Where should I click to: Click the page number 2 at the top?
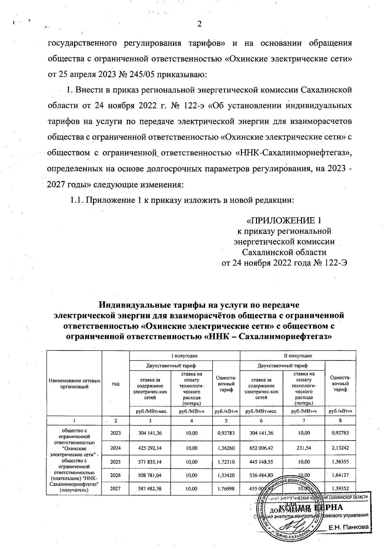click(x=199, y=25)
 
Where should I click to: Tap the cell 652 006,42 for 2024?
click(x=261, y=448)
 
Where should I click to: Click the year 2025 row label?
click(x=115, y=462)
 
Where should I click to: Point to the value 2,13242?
click(x=340, y=448)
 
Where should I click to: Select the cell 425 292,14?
click(x=150, y=448)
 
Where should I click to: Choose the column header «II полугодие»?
click(x=298, y=356)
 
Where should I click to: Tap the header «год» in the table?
click(x=115, y=384)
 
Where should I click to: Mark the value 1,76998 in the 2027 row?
click(x=226, y=489)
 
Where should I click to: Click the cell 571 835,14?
click(x=150, y=462)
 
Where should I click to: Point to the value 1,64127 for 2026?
click(x=340, y=476)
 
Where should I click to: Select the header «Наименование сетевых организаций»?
click(x=74, y=384)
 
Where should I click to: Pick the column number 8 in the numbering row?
click(x=340, y=420)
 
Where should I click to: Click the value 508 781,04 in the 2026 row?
click(x=150, y=476)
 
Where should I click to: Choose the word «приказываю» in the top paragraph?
click(x=180, y=75)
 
